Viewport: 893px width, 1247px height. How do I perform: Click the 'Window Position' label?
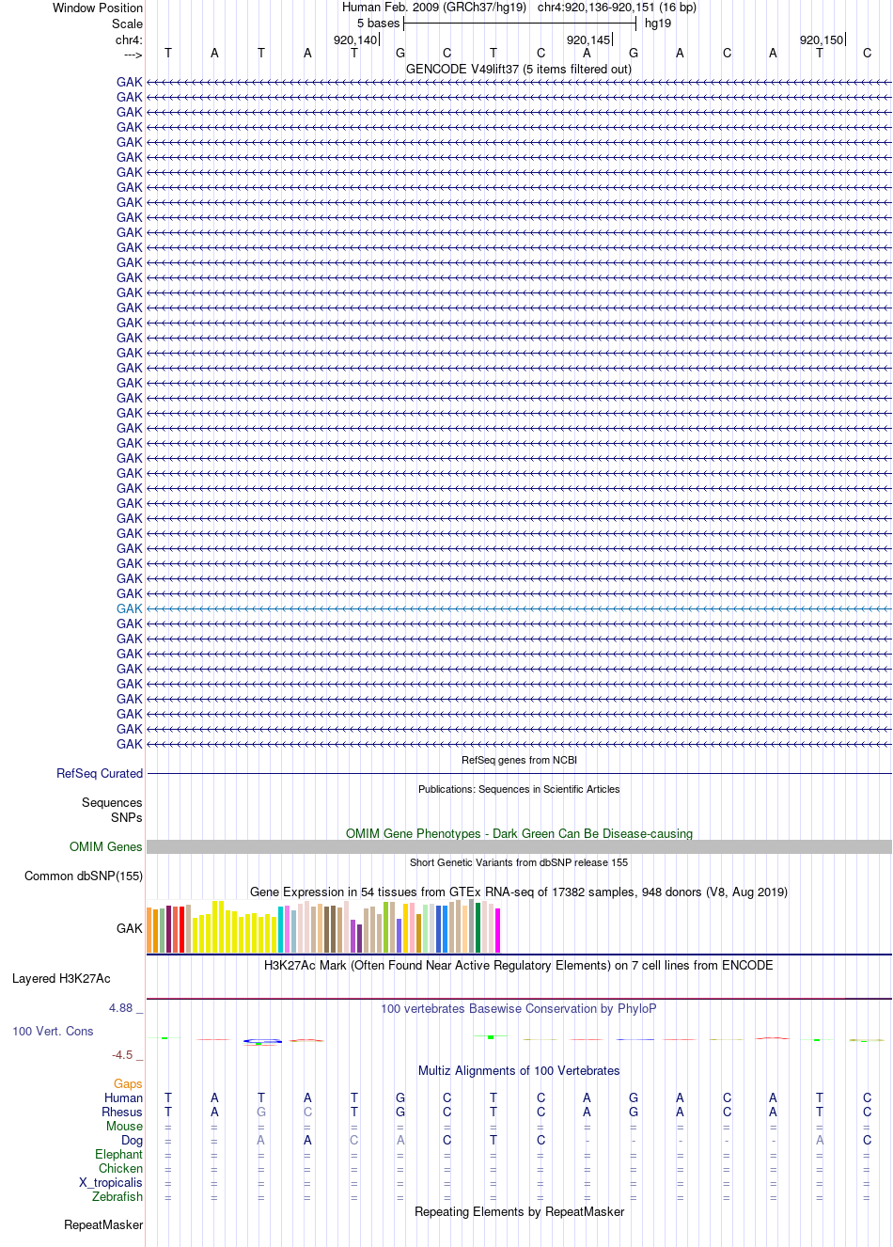tap(98, 8)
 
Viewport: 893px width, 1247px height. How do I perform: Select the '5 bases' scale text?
tap(378, 24)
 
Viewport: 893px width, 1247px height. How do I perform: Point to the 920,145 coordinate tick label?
tap(588, 40)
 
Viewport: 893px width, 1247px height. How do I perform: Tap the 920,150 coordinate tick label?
tap(822, 40)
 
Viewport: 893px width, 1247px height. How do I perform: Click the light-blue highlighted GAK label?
tap(129, 608)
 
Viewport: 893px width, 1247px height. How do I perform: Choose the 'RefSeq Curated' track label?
tap(100, 773)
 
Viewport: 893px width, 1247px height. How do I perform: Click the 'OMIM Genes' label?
tap(105, 846)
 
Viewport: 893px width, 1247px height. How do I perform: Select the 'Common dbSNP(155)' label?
tap(84, 876)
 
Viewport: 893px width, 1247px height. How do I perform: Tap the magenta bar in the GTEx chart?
tap(498, 930)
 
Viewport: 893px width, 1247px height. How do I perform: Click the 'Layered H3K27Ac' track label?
tap(61, 978)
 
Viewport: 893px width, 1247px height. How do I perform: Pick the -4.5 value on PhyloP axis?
tap(122, 1054)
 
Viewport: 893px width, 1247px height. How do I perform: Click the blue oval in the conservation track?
tap(262, 1041)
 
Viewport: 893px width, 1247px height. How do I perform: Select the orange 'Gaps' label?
tap(128, 1083)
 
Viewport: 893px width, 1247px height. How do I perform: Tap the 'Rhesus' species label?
tap(122, 1112)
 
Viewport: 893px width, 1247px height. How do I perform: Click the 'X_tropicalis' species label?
tap(111, 1182)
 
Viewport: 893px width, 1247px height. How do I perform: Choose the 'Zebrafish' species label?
tap(117, 1196)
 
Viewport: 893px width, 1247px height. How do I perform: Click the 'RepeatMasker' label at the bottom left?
tap(103, 1224)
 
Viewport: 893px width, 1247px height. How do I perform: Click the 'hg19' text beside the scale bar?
tap(658, 24)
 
